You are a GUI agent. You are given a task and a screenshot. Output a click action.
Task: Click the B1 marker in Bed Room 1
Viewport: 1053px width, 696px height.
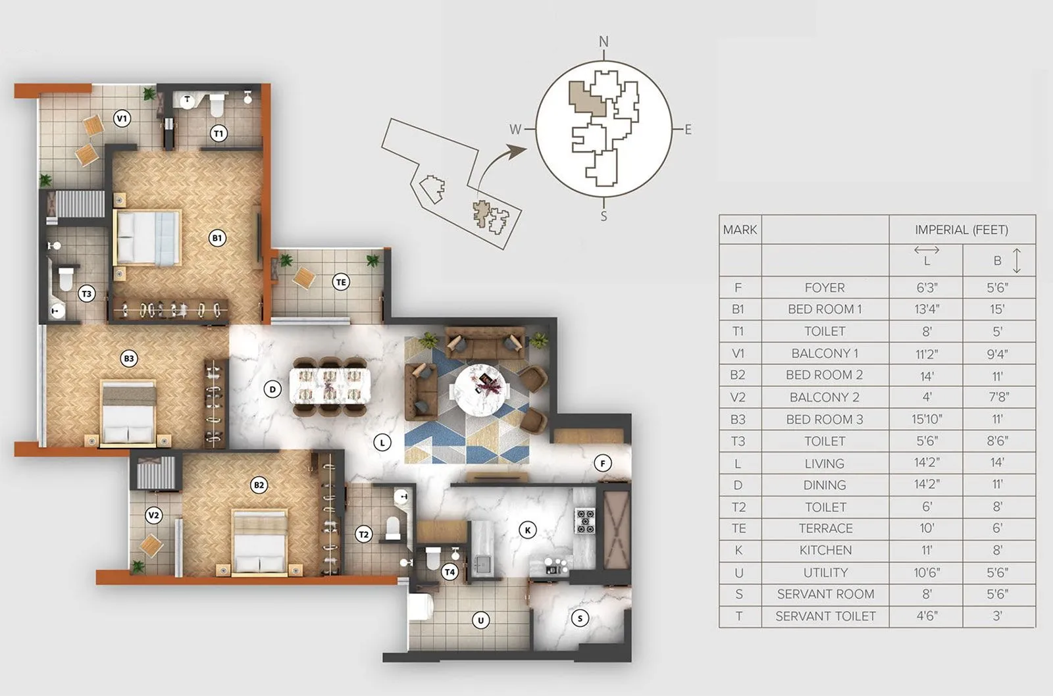tap(217, 237)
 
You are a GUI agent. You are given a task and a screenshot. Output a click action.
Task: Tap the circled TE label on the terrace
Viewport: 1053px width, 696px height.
tap(340, 282)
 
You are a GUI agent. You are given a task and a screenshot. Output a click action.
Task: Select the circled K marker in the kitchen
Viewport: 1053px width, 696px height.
tap(527, 530)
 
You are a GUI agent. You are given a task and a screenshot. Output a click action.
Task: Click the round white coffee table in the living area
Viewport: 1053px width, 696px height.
tap(482, 389)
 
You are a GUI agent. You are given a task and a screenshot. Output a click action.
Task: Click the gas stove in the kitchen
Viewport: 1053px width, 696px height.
tap(585, 520)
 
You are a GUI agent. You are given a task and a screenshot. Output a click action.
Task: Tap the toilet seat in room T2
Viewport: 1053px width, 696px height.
tap(393, 528)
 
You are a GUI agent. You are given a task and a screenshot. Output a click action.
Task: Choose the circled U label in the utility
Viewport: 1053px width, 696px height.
tap(481, 620)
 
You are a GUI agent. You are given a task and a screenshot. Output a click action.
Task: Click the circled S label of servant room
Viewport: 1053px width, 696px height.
tap(580, 618)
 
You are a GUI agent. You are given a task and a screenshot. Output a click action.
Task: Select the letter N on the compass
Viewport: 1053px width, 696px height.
tap(604, 42)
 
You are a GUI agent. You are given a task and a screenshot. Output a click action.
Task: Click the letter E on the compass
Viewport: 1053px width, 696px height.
tap(688, 130)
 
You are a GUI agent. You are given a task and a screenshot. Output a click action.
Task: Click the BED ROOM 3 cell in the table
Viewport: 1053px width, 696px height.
tap(824, 419)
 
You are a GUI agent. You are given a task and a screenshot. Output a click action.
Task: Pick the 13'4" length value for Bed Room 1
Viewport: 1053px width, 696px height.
tap(926, 309)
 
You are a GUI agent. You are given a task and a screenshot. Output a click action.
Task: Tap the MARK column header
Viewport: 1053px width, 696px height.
tap(740, 230)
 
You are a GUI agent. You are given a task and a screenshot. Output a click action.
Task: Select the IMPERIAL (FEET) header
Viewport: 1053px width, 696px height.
tap(962, 230)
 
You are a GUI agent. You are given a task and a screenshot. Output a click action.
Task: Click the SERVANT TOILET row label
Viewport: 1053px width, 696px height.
tap(825, 616)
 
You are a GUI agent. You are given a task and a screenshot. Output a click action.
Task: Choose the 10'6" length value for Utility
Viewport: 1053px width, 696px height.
tap(926, 572)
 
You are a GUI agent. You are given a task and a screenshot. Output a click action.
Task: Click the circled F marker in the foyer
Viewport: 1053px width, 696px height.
tap(602, 463)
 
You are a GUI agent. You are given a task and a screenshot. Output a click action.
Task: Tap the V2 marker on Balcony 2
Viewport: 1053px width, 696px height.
tap(153, 515)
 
